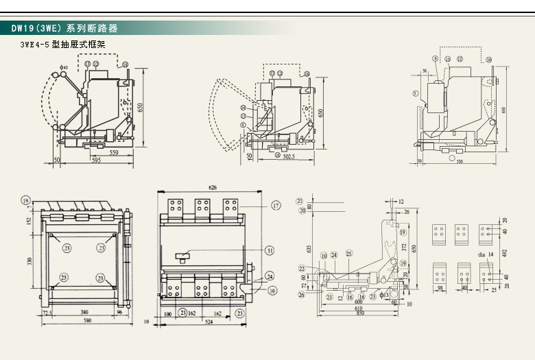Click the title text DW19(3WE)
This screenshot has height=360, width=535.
click(38, 29)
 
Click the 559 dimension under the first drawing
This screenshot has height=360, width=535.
click(114, 152)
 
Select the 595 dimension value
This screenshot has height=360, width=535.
click(99, 162)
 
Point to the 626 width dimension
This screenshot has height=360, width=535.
click(213, 187)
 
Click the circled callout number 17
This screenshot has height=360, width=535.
click(276, 206)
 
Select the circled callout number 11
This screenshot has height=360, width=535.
click(270, 250)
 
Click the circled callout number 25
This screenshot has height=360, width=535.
click(348, 254)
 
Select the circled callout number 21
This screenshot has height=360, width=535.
click(300, 200)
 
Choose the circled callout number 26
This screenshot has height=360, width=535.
click(301, 295)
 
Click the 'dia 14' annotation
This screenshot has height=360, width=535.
click(486, 254)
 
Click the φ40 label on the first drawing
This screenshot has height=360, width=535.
click(64, 67)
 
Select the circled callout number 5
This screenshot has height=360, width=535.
click(416, 93)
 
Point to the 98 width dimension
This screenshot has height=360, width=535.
click(440, 289)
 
